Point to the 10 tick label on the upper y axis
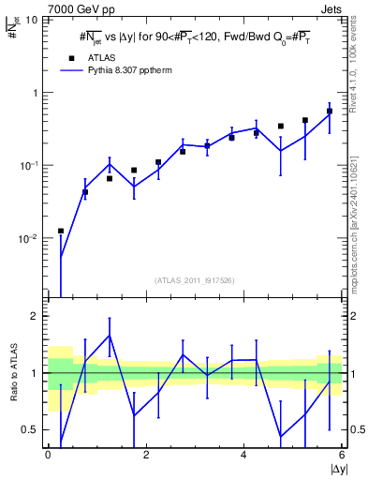pos(33,20)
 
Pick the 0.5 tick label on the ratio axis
pos(30,429)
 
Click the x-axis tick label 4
pos(243,455)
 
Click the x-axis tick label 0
pos(48,455)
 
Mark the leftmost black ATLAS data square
pos(61,231)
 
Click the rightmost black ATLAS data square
pos(330,111)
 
